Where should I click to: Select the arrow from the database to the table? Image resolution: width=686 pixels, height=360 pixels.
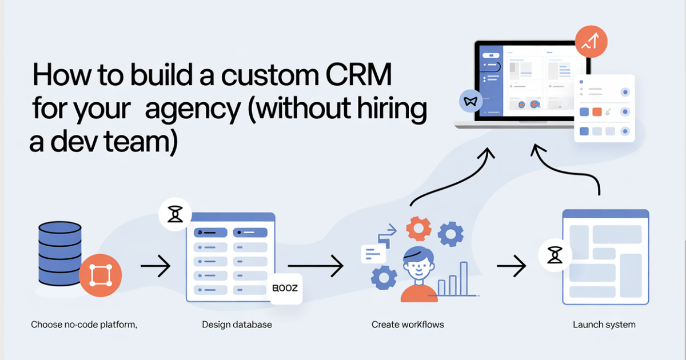155,266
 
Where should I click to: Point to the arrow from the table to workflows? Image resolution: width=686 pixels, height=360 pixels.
315,266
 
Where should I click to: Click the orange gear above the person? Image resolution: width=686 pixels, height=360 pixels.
418,229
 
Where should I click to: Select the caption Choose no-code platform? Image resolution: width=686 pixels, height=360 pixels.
84,325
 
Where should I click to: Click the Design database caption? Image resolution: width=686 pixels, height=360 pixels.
237,325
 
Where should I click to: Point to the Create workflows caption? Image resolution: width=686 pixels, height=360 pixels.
408,325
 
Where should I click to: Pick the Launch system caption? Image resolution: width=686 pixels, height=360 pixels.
604,325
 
